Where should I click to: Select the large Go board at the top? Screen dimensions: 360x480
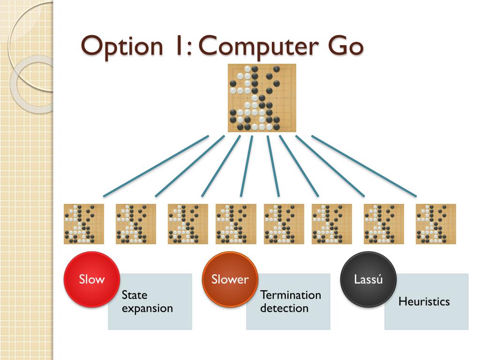262,98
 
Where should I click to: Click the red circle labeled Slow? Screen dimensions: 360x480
91,280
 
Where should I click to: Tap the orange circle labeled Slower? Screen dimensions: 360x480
230,280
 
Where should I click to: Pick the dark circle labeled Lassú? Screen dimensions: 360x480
368,280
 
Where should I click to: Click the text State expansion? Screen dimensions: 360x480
147,301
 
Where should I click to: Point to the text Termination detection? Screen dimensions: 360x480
291,301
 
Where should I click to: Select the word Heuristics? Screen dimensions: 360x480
424,301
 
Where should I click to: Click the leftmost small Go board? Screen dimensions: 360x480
84,224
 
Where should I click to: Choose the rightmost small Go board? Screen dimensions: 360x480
435,224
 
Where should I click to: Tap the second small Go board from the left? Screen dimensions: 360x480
136,224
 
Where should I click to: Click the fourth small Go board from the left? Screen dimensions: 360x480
236,224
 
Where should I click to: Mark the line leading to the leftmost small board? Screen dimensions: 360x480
156,166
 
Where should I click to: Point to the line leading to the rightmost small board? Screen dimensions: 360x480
364,166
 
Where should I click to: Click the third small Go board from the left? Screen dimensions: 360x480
188,224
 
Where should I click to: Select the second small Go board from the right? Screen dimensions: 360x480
383,224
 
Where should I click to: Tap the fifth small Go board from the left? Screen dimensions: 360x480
284,224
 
